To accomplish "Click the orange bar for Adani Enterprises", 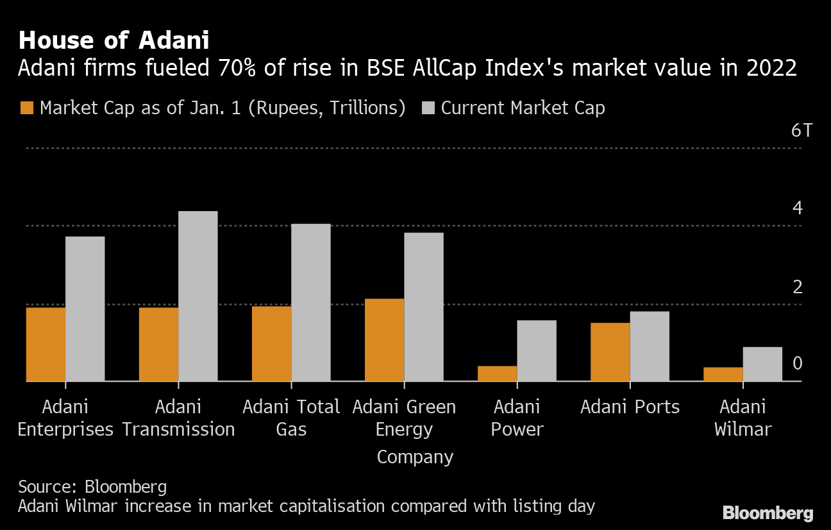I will coord(46,344).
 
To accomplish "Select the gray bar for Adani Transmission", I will coord(197,296).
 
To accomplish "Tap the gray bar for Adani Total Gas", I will coord(310,302).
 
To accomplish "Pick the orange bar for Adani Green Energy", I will coord(384,339).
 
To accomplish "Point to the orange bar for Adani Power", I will coord(497,373).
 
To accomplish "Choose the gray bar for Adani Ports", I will coord(649,346).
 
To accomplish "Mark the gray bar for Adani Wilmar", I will coord(762,364).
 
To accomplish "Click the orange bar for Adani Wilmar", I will coord(723,374).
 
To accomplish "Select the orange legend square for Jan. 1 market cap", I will coord(26,108).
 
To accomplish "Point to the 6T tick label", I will coord(801,131).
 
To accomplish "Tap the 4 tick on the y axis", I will coord(797,208).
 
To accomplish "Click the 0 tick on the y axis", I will coord(797,364).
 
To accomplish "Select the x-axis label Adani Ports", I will coord(630,407).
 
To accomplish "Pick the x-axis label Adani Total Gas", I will coord(291,417).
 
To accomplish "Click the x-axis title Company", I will coord(415,457).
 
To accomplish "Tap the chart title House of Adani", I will coord(113,41).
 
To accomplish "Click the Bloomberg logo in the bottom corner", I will coord(768,513).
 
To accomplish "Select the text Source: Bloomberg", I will coord(92,486).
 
